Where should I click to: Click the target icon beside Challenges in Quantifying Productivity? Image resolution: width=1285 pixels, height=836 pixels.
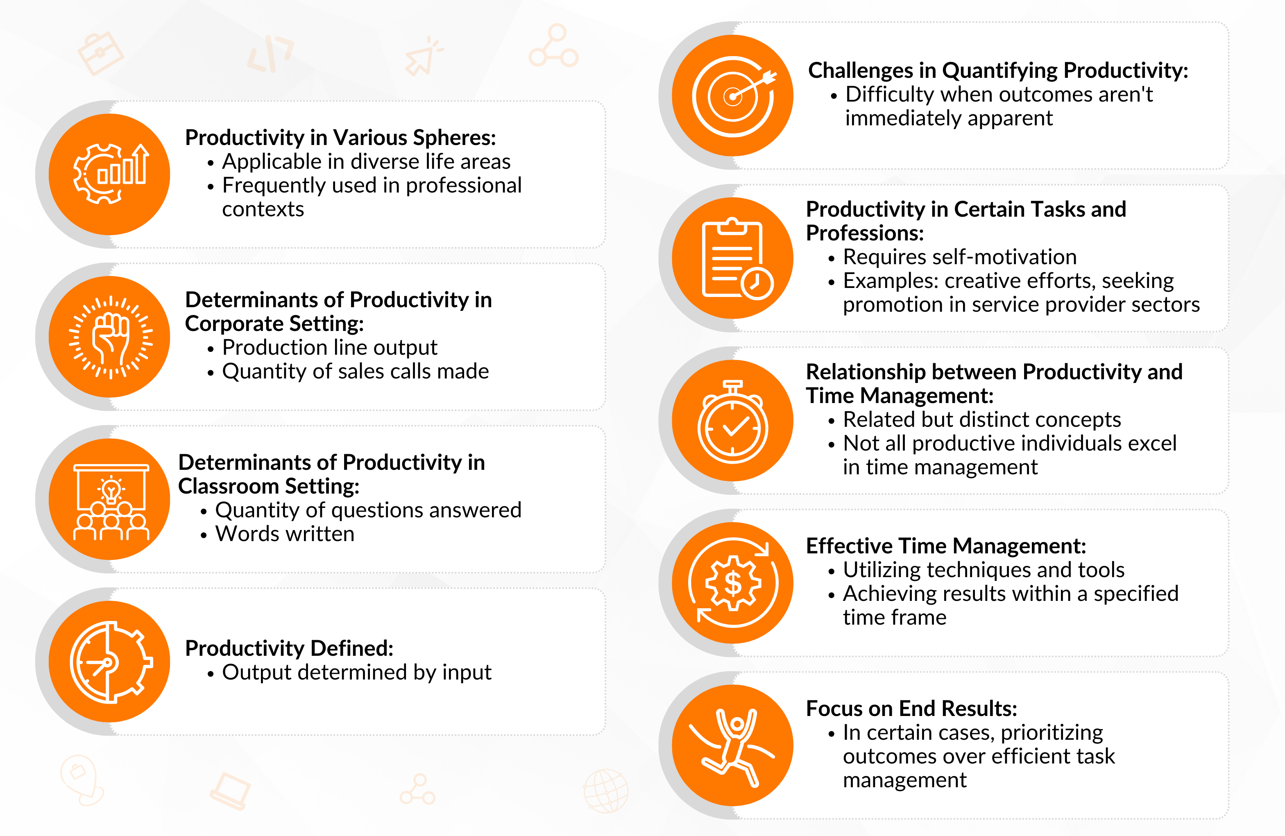[x=733, y=96]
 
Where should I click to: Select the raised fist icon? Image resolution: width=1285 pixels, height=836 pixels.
[x=111, y=337]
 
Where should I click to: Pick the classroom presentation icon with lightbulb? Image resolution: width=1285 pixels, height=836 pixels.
[x=111, y=502]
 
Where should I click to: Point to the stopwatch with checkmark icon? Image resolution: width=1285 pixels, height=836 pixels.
[x=733, y=422]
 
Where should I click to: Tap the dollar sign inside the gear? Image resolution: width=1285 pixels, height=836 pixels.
[x=733, y=583]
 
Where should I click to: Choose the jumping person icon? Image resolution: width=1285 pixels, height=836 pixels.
[x=732, y=747]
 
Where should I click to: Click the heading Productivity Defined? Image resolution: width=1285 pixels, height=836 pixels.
[x=289, y=648]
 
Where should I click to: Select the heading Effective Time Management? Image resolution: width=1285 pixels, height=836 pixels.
[x=946, y=546]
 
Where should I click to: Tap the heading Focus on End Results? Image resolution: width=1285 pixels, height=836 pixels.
[x=911, y=709]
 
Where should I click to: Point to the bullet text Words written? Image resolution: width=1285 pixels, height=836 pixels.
[x=285, y=534]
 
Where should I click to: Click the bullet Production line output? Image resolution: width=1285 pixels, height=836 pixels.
[x=329, y=348]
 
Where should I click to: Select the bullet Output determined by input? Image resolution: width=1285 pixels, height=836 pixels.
[x=356, y=673]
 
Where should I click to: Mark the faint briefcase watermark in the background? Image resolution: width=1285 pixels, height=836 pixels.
[x=100, y=53]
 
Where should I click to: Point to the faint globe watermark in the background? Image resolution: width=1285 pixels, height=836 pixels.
[x=606, y=791]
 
